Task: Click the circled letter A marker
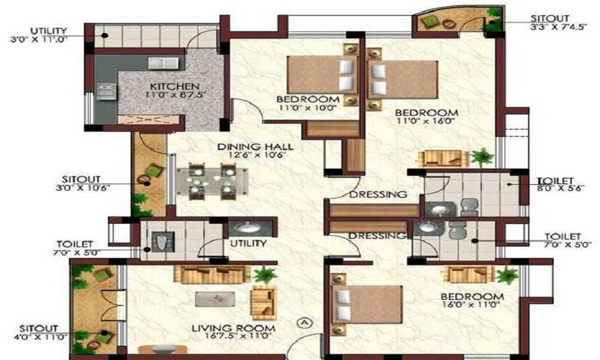(x=304, y=323)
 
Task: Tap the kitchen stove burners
(x=105, y=92)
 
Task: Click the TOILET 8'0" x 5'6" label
(x=556, y=184)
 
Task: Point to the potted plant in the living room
(x=263, y=275)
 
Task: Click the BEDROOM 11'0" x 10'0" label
(x=308, y=103)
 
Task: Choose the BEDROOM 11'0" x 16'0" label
(x=427, y=116)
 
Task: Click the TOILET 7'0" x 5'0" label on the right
(x=562, y=241)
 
